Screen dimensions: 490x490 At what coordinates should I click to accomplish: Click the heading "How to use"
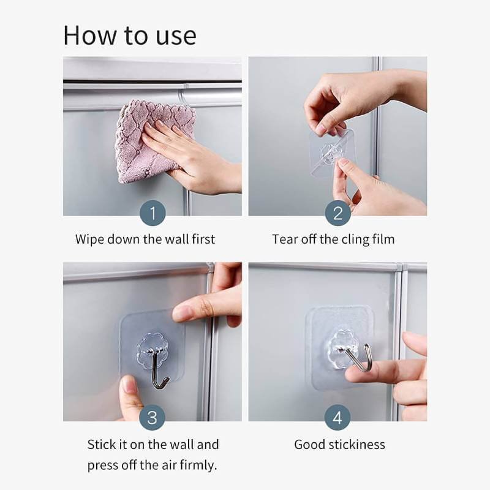130,35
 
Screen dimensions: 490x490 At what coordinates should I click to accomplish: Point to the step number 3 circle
152,419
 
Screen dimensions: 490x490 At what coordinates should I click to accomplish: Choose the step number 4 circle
337,419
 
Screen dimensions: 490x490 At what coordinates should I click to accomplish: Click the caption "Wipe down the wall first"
145,239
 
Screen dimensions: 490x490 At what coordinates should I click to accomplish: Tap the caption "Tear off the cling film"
333,239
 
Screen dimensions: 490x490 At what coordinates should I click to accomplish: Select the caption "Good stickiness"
339,444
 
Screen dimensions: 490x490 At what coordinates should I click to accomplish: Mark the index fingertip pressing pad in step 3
183,314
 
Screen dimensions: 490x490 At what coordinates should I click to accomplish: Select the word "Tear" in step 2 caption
285,239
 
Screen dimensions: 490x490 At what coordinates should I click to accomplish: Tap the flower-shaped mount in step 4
343,343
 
